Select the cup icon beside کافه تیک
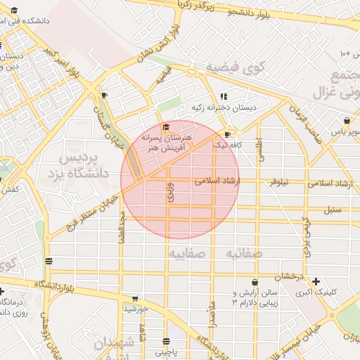pyautogui.click(x=226, y=134)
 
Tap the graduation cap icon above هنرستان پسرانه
pyautogui.click(x=166, y=127)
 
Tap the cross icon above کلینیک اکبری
pyautogui.click(x=316, y=281)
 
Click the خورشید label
pyautogui.click(x=136, y=308)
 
